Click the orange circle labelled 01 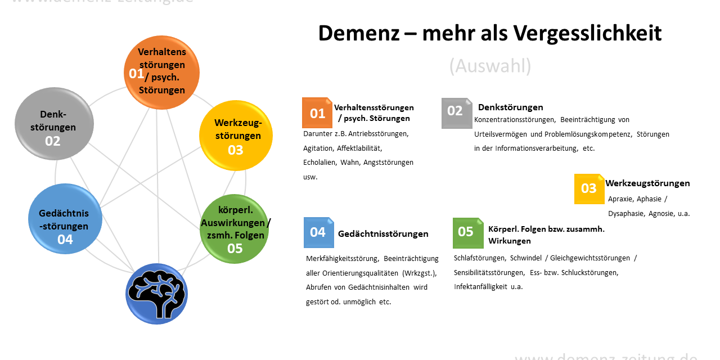click(161, 73)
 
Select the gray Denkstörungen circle click(54, 124)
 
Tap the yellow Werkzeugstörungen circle click(236, 136)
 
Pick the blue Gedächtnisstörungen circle click(65, 219)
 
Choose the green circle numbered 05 click(235, 229)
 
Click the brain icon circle click(156, 294)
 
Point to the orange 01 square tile click(317, 113)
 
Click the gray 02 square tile click(457, 113)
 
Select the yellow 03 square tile click(589, 189)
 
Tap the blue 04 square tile click(319, 233)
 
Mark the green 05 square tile click(468, 233)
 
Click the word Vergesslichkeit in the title click(587, 33)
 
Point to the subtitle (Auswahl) click(490, 66)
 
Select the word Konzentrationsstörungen click(515, 120)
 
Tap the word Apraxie click(620, 199)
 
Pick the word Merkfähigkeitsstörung click(343, 259)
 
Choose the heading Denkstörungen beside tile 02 click(510, 107)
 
